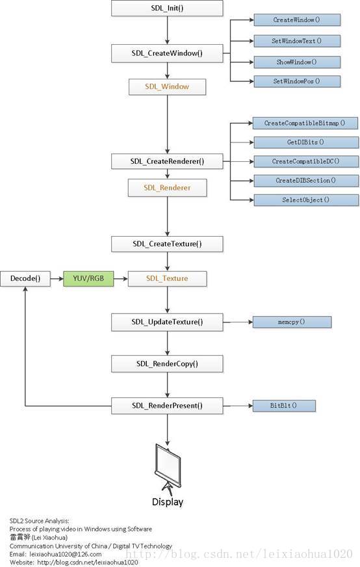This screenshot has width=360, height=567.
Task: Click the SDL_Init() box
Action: [x=167, y=8]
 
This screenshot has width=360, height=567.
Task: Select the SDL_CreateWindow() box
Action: [x=167, y=53]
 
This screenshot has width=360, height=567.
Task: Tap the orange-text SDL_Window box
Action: [x=167, y=86]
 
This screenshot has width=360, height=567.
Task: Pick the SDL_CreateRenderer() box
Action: [x=167, y=161]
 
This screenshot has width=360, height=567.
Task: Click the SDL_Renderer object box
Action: [x=167, y=188]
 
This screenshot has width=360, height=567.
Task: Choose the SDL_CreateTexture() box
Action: [x=167, y=244]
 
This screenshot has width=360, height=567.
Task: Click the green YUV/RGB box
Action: [x=88, y=278]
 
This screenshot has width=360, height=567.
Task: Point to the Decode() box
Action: [x=25, y=278]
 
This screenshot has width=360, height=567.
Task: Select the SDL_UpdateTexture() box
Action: [x=167, y=322]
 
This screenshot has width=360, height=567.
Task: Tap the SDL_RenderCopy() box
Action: [x=167, y=363]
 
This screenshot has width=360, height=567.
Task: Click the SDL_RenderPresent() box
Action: [x=167, y=406]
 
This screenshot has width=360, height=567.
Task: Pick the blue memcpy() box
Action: [x=292, y=322]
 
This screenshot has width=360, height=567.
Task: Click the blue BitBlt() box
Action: [x=284, y=406]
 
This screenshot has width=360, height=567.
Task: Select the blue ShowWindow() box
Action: [x=297, y=62]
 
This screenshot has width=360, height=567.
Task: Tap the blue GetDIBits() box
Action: [x=306, y=142]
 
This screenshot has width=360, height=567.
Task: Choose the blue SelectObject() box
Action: [x=306, y=200]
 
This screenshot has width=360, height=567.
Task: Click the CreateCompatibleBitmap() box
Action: [x=305, y=123]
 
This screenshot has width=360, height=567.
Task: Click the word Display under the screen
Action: [x=168, y=502]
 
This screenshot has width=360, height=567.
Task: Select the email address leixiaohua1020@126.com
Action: [x=66, y=554]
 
